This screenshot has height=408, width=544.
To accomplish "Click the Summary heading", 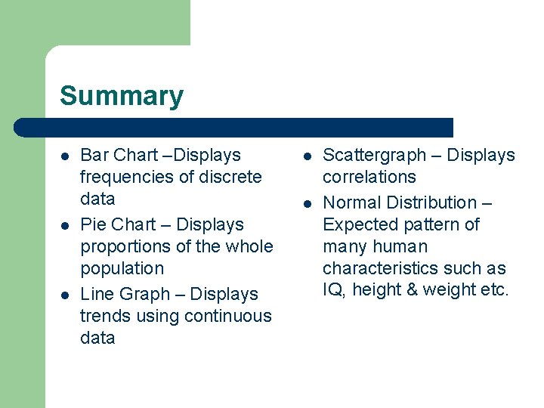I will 122,97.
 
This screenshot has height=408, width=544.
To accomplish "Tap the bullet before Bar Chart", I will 66,156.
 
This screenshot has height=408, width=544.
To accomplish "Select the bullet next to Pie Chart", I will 66,225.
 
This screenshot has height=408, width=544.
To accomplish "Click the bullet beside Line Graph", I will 66,295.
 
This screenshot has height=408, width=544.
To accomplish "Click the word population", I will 122,269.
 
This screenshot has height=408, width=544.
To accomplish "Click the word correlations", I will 369,178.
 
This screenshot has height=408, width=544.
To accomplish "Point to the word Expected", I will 356,225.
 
